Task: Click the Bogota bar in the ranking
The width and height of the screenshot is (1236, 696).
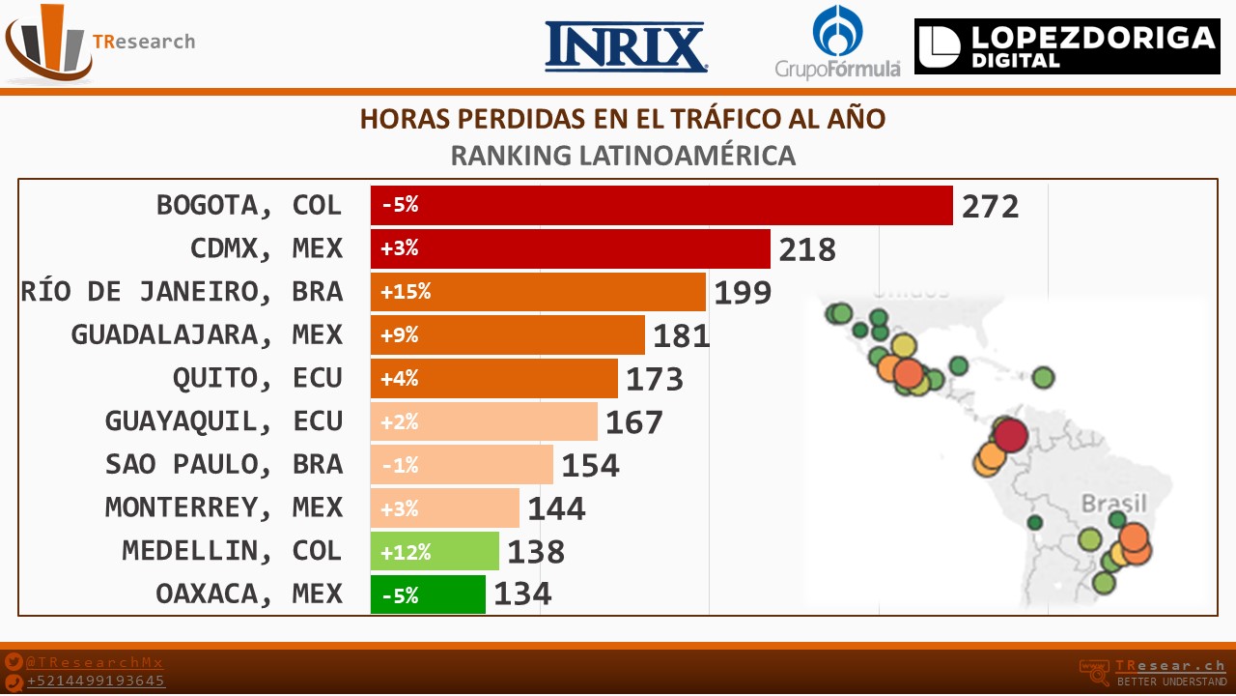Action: (661, 205)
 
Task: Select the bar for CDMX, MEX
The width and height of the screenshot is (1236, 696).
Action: (570, 248)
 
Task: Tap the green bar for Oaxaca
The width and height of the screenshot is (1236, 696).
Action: (428, 594)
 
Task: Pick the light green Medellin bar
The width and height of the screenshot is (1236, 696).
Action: (435, 551)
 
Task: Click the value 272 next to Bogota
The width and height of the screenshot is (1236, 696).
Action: (990, 206)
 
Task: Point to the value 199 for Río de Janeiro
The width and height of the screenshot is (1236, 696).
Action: (743, 292)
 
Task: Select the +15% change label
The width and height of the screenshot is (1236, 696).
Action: (406, 292)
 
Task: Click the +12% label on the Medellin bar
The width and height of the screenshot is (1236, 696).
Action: (406, 552)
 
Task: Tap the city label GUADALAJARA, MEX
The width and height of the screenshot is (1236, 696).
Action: (207, 334)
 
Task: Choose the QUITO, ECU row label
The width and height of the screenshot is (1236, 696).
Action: (257, 378)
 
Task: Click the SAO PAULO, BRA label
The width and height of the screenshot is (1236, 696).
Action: (223, 465)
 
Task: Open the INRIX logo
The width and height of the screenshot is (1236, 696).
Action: (626, 47)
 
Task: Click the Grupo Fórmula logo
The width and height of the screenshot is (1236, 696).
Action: (837, 43)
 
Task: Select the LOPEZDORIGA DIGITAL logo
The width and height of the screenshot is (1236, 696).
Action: (1067, 46)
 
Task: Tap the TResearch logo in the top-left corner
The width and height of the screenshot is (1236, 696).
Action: (97, 43)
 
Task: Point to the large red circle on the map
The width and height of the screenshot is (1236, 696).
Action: (1009, 434)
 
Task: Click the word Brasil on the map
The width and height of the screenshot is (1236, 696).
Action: (1113, 504)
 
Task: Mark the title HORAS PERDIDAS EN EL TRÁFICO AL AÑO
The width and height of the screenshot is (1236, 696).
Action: (623, 119)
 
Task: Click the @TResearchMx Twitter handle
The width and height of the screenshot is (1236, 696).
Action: (95, 662)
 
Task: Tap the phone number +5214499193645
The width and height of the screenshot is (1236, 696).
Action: (96, 681)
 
